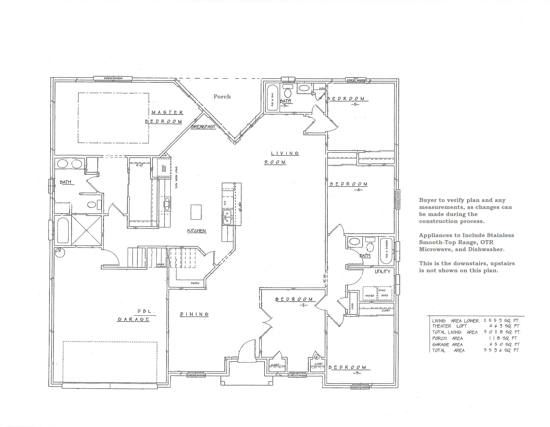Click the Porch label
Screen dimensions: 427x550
[x=222, y=96]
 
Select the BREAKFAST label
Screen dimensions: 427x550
[x=203, y=127]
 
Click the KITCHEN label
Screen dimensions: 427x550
[x=196, y=231]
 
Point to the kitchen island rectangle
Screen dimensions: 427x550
[x=196, y=212]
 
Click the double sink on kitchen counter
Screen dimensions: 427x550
[x=227, y=218]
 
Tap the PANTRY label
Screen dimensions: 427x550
[x=195, y=283]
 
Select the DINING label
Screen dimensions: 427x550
[x=194, y=314]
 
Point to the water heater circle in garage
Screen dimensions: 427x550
[x=60, y=252]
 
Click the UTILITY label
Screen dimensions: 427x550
[x=382, y=272]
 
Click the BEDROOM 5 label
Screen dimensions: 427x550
[x=348, y=101]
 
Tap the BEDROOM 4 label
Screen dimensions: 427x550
[x=349, y=186]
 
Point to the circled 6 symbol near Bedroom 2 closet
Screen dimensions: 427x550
[x=317, y=357]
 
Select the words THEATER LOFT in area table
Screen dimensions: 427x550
[x=449, y=326]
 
